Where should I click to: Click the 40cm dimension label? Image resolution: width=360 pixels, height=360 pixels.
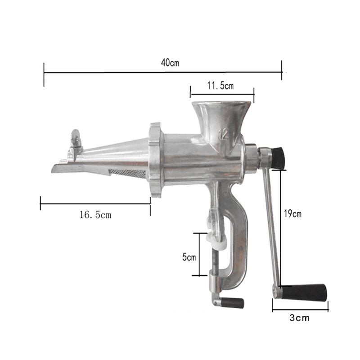[170, 63]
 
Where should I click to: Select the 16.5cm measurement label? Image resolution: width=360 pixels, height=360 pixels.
[95, 215]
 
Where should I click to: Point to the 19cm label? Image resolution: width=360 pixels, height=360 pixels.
[293, 214]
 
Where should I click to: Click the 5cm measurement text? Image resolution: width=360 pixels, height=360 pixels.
[189, 257]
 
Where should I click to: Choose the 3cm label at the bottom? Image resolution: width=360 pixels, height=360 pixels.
[300, 318]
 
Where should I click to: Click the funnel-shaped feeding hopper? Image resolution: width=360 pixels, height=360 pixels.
[220, 117]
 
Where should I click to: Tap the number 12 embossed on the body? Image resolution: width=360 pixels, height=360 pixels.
[224, 134]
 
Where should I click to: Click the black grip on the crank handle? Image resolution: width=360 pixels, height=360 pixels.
[308, 292]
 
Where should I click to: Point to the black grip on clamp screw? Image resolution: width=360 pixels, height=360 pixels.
[234, 302]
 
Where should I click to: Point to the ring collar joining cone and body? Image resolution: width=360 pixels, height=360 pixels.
[155, 160]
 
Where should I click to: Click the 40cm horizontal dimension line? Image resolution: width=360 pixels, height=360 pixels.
[112, 71]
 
